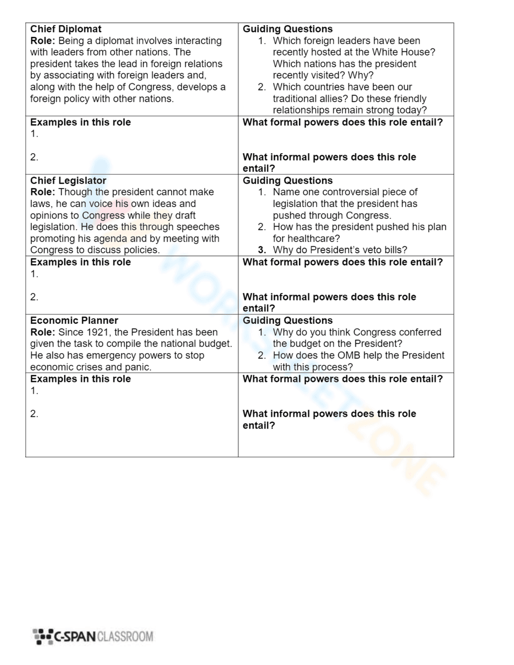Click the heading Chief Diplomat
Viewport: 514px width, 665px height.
tap(66, 29)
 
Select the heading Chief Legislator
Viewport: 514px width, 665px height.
tap(68, 180)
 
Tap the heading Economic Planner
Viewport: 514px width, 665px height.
tap(74, 321)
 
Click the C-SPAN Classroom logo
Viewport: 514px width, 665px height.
tap(93, 636)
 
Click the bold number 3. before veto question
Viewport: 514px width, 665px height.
tap(262, 250)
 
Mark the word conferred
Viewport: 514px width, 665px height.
tap(417, 332)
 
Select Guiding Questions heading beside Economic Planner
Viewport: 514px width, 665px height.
tap(287, 321)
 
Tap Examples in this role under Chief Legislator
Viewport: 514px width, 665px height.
tap(80, 262)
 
